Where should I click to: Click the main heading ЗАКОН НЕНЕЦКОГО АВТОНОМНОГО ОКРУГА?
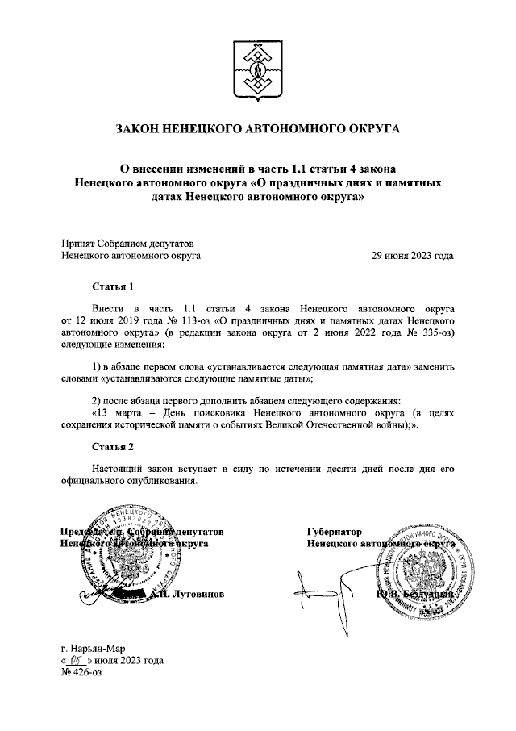(258, 128)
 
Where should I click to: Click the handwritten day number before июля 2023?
(78, 659)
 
